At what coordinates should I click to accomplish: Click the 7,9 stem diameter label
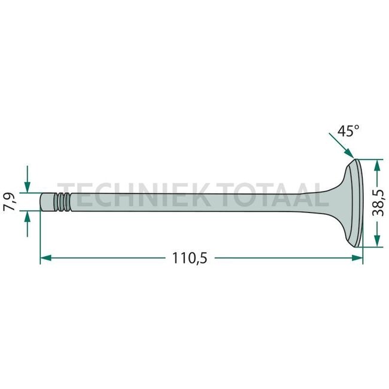click(x=11, y=201)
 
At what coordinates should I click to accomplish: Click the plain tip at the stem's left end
click(x=48, y=202)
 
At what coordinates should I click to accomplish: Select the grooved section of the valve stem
click(x=62, y=202)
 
